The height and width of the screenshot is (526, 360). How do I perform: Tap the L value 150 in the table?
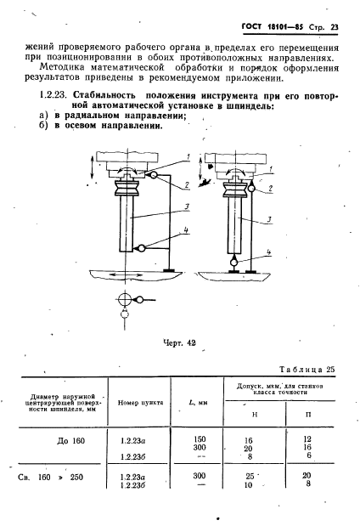[200, 439]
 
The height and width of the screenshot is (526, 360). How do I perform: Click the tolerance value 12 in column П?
[307, 439]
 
